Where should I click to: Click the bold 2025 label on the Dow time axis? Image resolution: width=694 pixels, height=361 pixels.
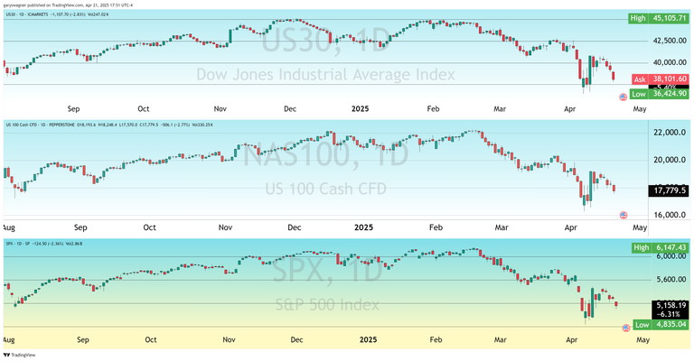click(361, 109)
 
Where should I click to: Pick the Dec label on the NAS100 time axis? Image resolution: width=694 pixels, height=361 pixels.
click(293, 228)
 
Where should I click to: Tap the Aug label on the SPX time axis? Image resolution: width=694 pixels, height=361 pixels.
click(7, 340)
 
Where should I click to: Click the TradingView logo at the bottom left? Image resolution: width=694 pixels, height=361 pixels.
click(20, 355)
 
